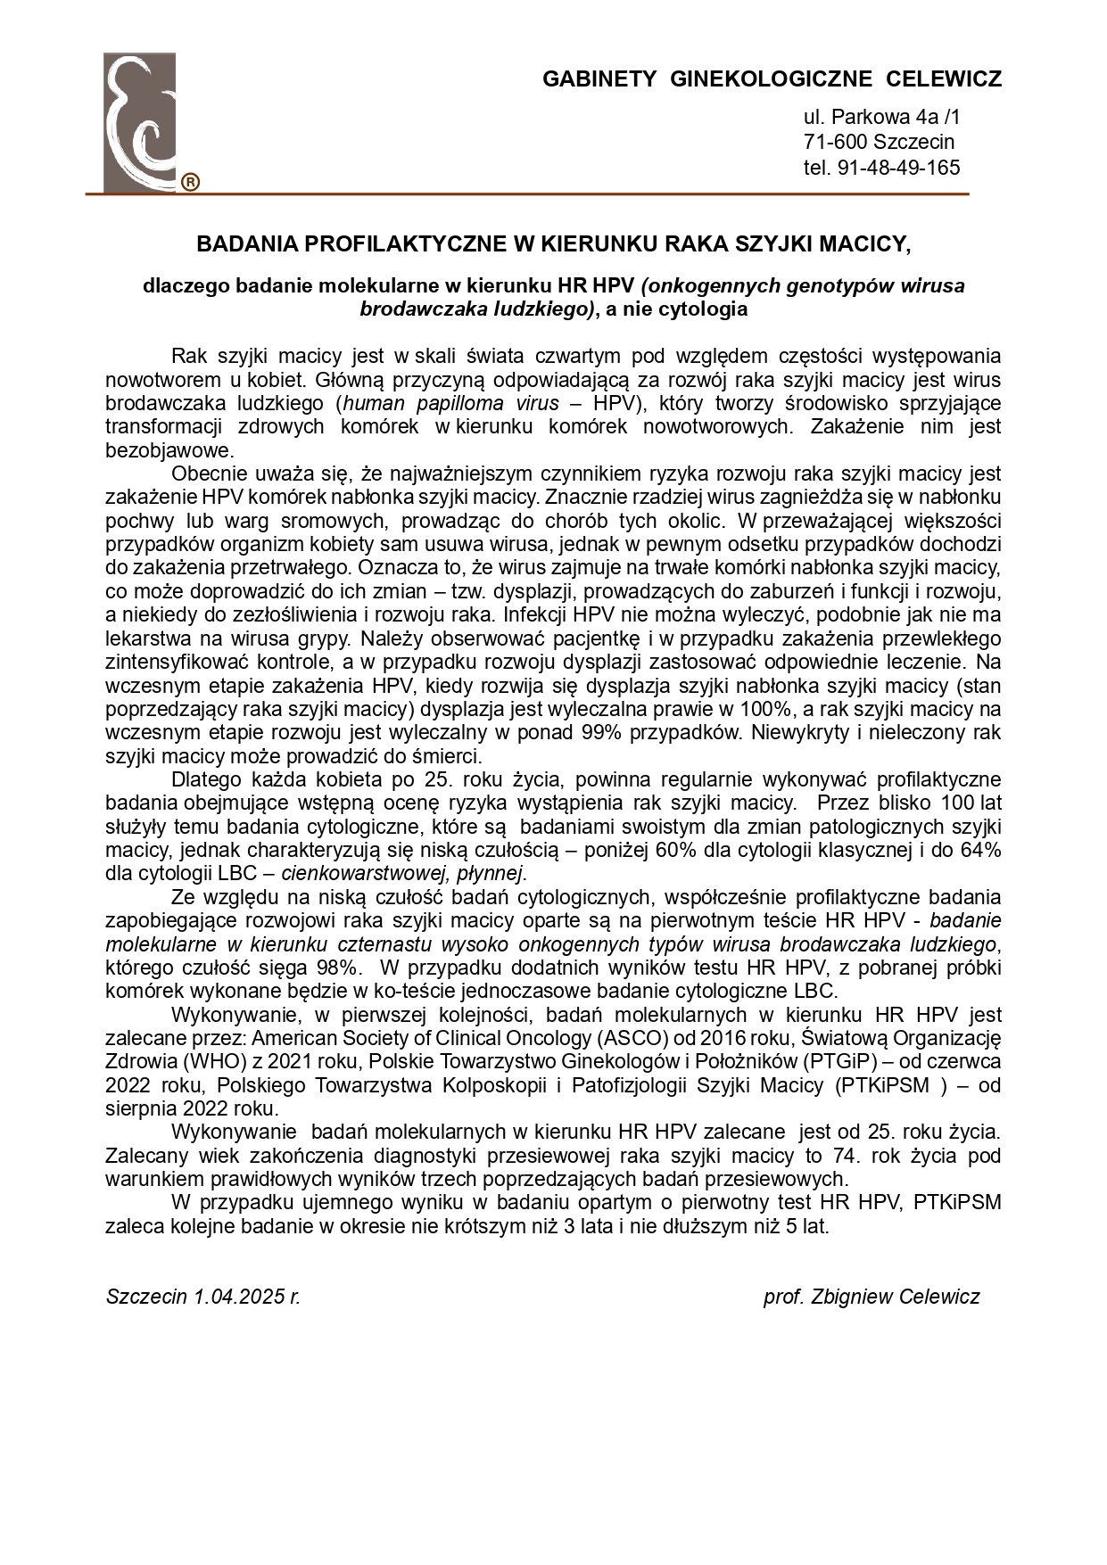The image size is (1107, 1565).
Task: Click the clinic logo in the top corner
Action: pyautogui.click(x=139, y=122)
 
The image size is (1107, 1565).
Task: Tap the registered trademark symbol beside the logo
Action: pyautogui.click(x=190, y=183)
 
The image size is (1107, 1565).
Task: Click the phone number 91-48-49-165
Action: pyautogui.click(x=898, y=168)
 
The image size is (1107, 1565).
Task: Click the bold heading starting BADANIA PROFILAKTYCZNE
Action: pyautogui.click(x=553, y=243)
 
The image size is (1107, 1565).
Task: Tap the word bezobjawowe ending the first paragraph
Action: pyautogui.click(x=169, y=450)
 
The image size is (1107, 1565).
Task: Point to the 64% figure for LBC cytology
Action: pyautogui.click(x=980, y=850)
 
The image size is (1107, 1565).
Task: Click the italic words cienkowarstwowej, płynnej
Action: pyautogui.click(x=403, y=873)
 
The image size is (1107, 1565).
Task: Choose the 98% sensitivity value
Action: pyautogui.click(x=336, y=968)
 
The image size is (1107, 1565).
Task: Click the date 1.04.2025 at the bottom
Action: pyautogui.click(x=236, y=1297)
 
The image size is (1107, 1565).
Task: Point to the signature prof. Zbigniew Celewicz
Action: pyautogui.click(x=871, y=1297)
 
